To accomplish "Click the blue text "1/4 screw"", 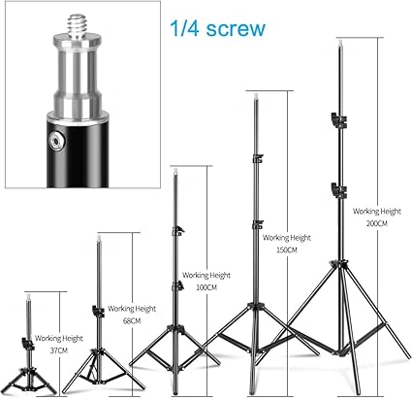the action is tap(217, 28).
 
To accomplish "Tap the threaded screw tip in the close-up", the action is tap(77, 25).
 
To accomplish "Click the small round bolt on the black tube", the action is tap(56, 142).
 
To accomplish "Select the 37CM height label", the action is tap(59, 350).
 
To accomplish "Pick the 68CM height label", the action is tap(132, 321).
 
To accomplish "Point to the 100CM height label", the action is tap(206, 287).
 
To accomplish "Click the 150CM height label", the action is tap(287, 250).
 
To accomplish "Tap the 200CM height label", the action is tap(377, 223).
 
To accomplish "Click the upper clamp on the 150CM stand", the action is tap(258, 159).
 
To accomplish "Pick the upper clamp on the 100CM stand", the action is tap(177, 231).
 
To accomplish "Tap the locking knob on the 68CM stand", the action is tap(98, 311).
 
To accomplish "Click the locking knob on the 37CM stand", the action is tap(28, 344).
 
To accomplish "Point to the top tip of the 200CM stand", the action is tap(340, 41).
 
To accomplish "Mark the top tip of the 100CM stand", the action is tap(175, 170).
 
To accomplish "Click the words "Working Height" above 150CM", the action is tap(287, 238).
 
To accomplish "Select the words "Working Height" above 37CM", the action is tap(59, 338).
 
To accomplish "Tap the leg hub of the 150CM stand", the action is tap(256, 307).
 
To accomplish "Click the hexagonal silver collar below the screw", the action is tap(77, 42).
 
